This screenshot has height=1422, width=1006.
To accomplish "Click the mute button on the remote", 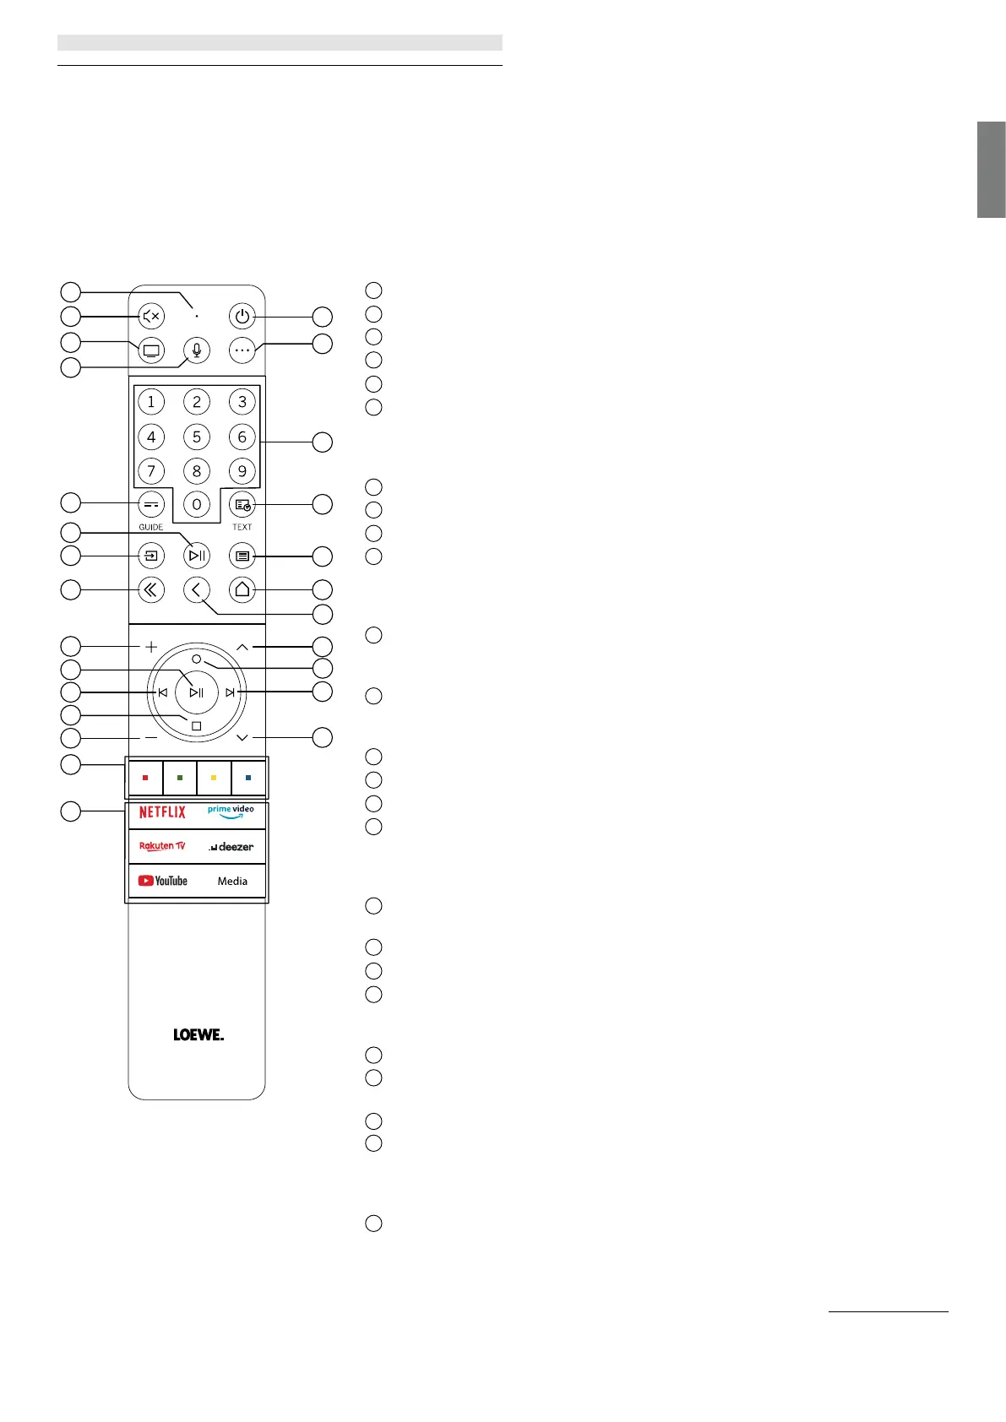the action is click(x=151, y=317).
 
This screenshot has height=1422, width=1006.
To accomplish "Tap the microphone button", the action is click(x=197, y=350).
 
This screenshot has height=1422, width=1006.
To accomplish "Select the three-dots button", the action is click(x=242, y=350).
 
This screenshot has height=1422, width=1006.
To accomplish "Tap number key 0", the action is click(x=197, y=505).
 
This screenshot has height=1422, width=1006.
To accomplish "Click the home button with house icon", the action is click(x=242, y=589).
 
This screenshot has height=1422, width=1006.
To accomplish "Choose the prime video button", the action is click(x=231, y=812).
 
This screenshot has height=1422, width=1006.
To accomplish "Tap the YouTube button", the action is click(x=163, y=881).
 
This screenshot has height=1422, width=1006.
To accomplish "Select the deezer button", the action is click(x=231, y=846).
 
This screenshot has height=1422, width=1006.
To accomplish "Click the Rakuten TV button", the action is click(x=162, y=846).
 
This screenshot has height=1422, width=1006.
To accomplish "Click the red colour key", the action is click(x=145, y=778).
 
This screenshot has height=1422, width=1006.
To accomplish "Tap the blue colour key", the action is click(x=248, y=778).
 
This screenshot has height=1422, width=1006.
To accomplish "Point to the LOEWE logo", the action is click(x=198, y=1034).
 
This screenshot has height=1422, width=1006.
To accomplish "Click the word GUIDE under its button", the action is click(x=151, y=527).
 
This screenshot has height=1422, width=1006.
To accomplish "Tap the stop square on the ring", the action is click(x=196, y=726).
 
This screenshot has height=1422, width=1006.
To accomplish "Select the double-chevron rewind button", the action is click(x=151, y=589).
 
